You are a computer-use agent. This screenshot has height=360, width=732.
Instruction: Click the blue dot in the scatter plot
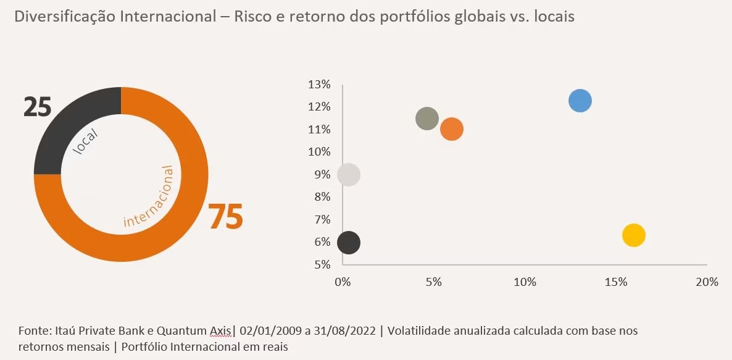pos(580,101)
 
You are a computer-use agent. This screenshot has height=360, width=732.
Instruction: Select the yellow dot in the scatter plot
pos(633,235)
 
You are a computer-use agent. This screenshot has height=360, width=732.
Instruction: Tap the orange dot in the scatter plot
pos(452,130)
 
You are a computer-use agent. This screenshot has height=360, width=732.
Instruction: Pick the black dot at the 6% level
pos(349,243)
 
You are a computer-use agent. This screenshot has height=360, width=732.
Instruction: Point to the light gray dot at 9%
pos(349,175)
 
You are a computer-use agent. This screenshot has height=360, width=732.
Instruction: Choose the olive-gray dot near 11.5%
pos(426,119)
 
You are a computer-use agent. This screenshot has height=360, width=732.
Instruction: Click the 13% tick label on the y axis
pos(320,85)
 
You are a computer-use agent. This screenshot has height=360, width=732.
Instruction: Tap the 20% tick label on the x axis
pos(707,282)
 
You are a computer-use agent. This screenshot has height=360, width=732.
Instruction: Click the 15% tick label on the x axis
pos(615,282)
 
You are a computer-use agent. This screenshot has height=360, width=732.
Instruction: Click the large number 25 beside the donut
pos(37,107)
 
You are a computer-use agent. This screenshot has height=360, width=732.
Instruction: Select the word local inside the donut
pos(86,141)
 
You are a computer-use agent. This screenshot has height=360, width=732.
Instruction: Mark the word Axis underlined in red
pos(220,331)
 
